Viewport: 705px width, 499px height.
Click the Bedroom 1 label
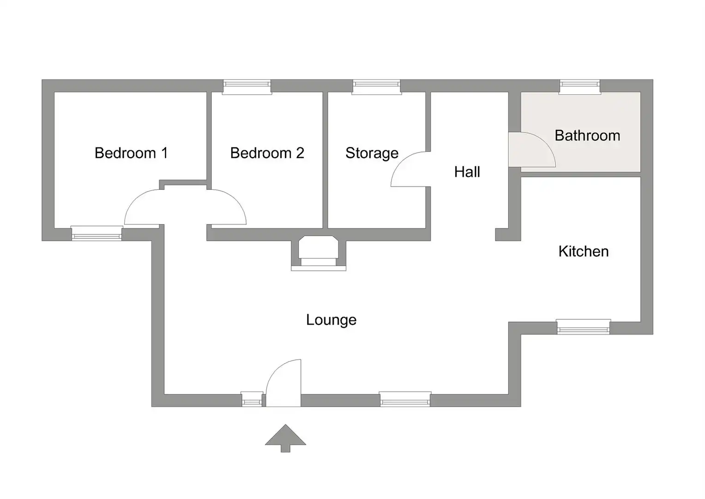click(x=131, y=153)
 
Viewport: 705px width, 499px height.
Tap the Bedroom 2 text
click(x=267, y=153)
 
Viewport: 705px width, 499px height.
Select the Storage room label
click(x=372, y=153)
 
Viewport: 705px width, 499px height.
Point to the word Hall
click(x=467, y=172)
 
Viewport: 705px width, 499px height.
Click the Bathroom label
click(x=587, y=136)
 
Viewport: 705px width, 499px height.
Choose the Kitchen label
click(x=584, y=251)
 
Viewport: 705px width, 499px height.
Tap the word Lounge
click(x=331, y=320)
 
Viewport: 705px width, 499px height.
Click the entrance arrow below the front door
click(x=285, y=438)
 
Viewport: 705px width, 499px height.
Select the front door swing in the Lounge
click(x=283, y=383)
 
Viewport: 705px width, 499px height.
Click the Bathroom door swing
click(x=532, y=150)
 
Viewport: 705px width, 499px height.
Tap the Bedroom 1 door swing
click(x=142, y=207)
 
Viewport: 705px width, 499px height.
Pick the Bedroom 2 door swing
click(x=229, y=207)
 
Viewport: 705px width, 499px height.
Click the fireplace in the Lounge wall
click(x=319, y=253)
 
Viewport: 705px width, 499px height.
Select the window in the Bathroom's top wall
click(x=580, y=87)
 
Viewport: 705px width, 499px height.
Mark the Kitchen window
click(x=584, y=327)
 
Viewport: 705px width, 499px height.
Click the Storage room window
click(x=376, y=87)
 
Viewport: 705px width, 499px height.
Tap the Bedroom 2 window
click(x=247, y=87)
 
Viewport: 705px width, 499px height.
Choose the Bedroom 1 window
click(x=96, y=233)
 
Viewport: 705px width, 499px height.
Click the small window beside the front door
click(x=252, y=399)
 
